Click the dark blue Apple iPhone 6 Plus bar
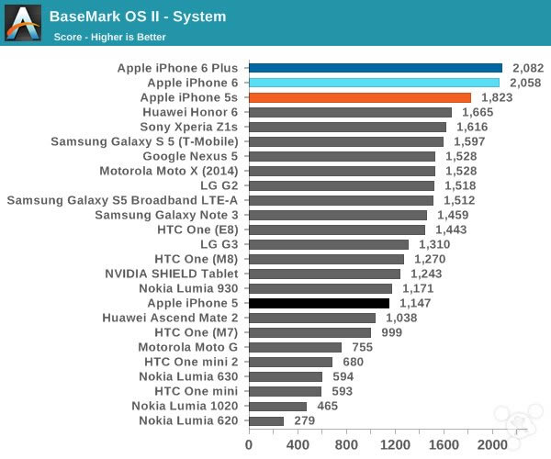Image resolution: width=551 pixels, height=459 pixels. coord(376,68)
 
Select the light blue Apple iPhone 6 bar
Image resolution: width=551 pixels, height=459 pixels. coord(374,83)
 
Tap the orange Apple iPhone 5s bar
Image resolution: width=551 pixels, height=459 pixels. coord(360,97)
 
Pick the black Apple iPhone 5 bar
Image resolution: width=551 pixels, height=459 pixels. coord(319,303)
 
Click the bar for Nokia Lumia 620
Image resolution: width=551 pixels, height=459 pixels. coord(266,420)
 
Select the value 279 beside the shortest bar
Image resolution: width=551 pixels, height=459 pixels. coord(304,420)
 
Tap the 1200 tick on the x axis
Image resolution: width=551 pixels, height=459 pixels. coord(396,444)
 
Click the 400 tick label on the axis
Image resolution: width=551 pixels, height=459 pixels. coord(298,444)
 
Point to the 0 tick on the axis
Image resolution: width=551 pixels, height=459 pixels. coord(249,444)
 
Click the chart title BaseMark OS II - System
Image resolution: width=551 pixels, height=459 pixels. coord(138,17)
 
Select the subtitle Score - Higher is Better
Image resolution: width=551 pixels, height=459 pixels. coord(114,37)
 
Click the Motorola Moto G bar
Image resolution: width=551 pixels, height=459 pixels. coord(295,347)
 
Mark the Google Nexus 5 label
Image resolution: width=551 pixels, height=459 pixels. coord(190,156)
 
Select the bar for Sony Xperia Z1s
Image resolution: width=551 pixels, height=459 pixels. coord(347,127)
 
